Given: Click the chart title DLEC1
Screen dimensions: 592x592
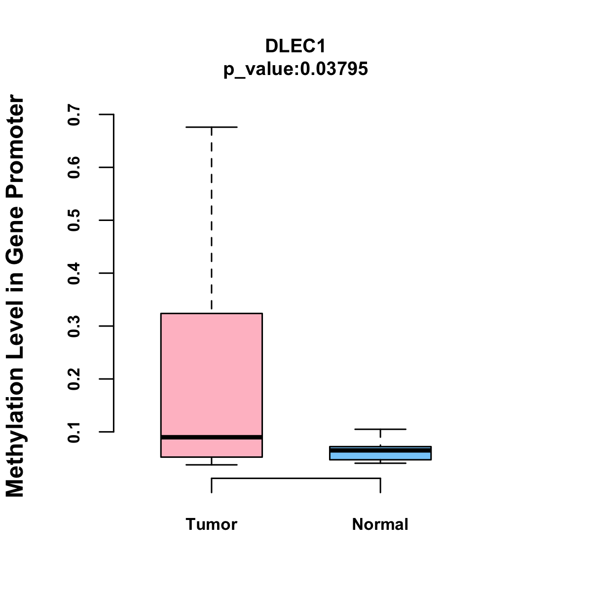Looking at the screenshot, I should (296, 46).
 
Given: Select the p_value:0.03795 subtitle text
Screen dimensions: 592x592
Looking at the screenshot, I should (296, 69).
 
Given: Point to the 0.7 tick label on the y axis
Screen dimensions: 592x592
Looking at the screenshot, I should (74, 114).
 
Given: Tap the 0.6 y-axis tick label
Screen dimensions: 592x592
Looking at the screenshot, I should (74, 167).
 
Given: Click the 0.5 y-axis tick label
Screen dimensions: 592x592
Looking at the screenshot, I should (74, 220).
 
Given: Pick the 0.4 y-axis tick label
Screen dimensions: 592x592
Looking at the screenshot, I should (74, 273).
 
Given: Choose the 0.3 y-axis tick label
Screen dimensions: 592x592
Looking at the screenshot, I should (74, 326).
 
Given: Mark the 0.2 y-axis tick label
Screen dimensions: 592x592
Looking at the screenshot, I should (74, 379).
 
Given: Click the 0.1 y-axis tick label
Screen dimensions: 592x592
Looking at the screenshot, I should (74, 432).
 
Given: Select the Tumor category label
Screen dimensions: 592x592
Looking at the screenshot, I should (212, 524).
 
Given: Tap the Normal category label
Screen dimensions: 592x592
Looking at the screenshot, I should (380, 524).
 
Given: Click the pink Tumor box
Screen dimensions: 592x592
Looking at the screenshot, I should (212, 375).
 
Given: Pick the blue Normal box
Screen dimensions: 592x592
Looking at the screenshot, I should (380, 456).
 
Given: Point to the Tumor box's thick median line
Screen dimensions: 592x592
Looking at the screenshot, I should (212, 437).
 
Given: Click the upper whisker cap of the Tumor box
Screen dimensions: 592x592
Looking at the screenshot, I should (212, 127).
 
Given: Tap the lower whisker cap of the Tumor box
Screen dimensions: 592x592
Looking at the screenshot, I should (212, 465).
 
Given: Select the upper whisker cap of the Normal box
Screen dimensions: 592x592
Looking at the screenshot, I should (380, 429).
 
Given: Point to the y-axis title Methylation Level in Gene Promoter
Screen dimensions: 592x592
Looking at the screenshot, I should (15, 296).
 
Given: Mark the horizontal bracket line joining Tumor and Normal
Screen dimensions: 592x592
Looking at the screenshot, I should (296, 478).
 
